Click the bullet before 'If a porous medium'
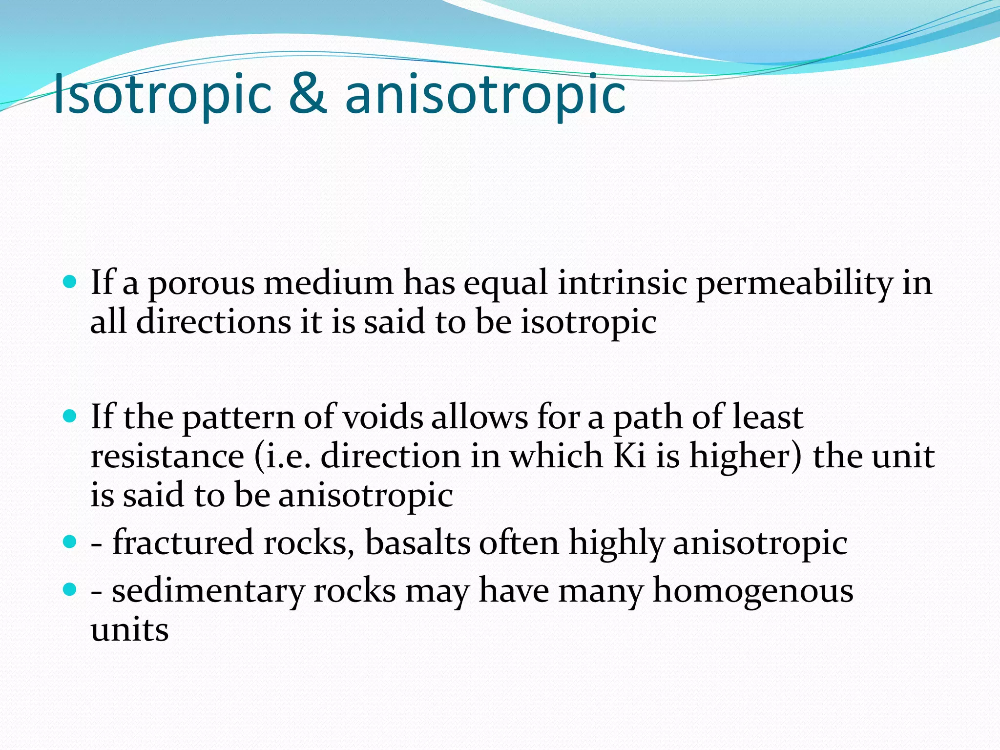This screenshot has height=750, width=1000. click(70, 282)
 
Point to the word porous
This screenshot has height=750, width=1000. click(201, 284)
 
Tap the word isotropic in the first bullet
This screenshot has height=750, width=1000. click(588, 323)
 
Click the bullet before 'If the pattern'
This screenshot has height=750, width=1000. click(70, 416)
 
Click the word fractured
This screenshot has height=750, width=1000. click(183, 542)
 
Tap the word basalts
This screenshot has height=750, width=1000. click(417, 542)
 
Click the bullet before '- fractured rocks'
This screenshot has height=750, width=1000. click(70, 542)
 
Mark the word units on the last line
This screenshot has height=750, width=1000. click(130, 630)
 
